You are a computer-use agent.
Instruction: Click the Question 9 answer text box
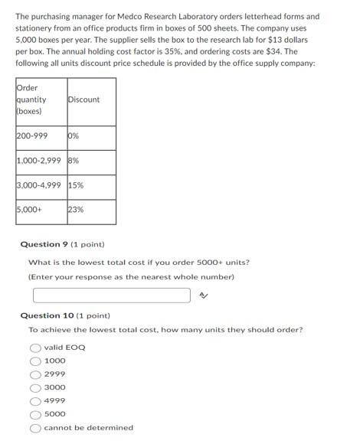[x=111, y=295]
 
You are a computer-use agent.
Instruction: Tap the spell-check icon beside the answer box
[x=203, y=295]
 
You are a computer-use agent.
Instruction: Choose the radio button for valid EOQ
[x=35, y=348]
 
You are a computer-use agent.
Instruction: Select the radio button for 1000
[x=35, y=361]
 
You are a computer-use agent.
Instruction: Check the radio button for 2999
[x=35, y=374]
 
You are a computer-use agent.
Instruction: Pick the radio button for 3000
[x=35, y=387]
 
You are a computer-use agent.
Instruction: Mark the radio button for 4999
[x=35, y=400]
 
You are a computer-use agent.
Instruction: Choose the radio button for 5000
[x=35, y=414]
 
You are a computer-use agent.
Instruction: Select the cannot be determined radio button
[x=35, y=427]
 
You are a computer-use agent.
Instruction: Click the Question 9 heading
[x=61, y=245]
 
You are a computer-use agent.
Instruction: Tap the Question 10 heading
[x=64, y=315]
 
